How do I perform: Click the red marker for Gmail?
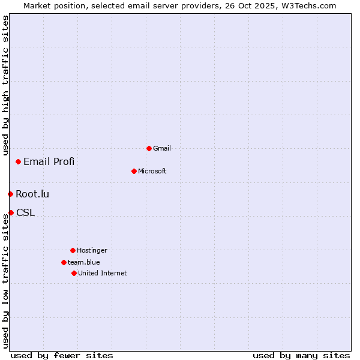149,148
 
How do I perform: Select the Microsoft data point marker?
134,171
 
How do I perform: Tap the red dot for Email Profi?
19,161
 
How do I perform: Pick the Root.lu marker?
10,194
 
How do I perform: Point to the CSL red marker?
11,212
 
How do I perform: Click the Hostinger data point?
73,250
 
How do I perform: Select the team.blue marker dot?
64,262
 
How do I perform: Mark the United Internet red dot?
74,273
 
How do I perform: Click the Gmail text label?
162,148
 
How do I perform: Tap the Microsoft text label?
152,171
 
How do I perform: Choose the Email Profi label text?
49,161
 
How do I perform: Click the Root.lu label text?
32,194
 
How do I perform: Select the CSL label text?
25,212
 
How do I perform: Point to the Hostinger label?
92,250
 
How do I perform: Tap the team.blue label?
84,262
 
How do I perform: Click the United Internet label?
103,273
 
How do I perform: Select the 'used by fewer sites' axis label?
62,355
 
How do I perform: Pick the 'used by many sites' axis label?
301,355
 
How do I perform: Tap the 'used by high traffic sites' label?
5,86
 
